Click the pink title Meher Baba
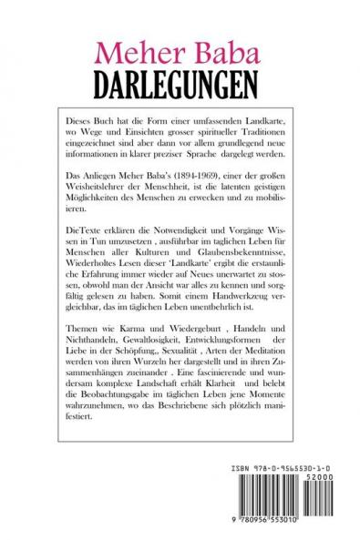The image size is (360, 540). pos(180,52)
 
